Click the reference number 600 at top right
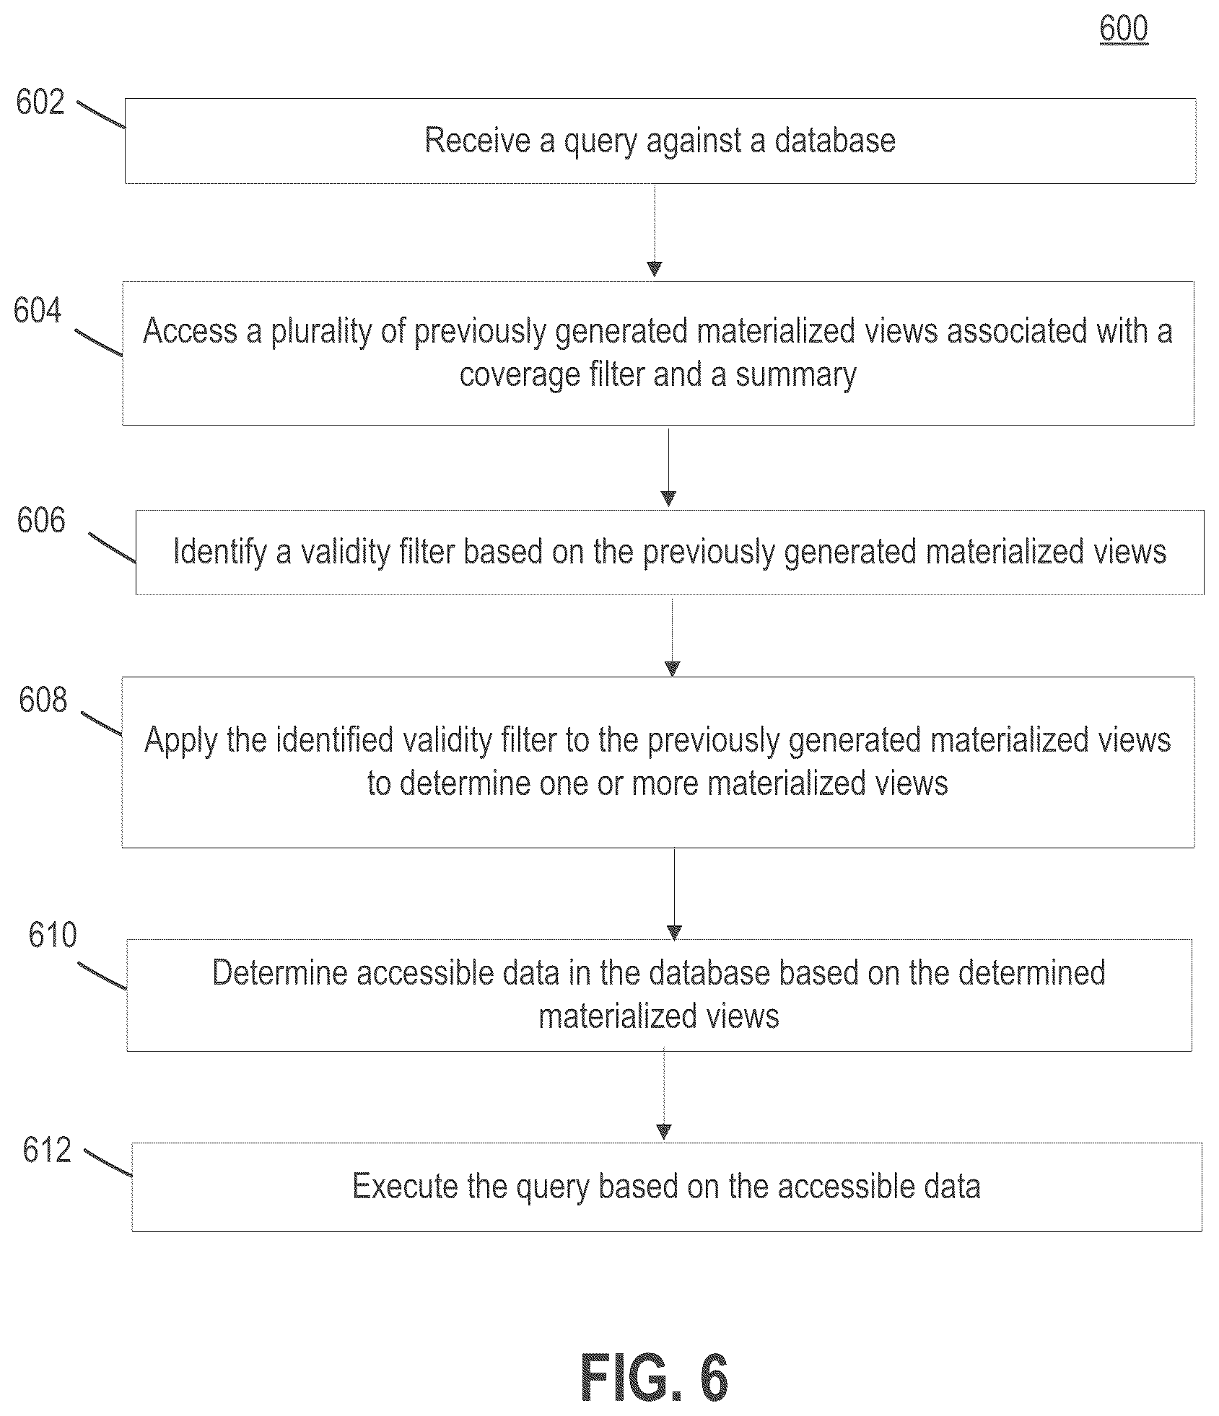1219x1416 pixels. coord(1124,29)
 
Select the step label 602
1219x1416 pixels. coord(40,102)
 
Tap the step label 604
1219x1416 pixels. coord(38,311)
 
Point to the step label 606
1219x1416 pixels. coord(41,521)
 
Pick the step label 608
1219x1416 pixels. coord(43,700)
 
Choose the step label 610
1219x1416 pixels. coord(53,935)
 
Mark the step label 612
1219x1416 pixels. coord(47,1150)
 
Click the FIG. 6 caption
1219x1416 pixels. coord(655,1378)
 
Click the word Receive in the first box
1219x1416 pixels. coord(477,140)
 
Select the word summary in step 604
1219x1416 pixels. coord(796,375)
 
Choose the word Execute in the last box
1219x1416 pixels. coord(405,1186)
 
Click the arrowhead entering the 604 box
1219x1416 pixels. coord(655,269)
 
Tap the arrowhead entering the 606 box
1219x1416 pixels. coord(668,498)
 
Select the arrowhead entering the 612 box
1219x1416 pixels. coord(665,1132)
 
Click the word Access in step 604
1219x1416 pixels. coord(191,331)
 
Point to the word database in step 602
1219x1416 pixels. coord(835,140)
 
